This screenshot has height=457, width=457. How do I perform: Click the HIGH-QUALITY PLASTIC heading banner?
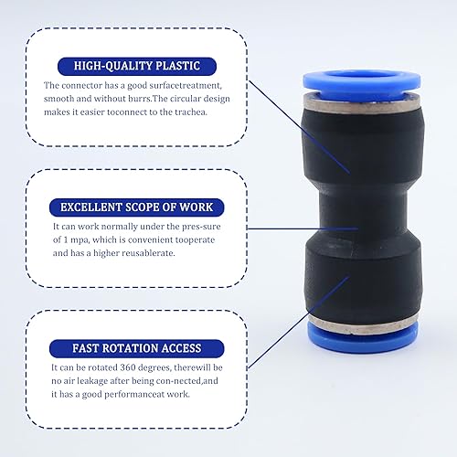click(x=137, y=66)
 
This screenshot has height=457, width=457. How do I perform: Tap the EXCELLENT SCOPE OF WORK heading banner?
click(x=137, y=207)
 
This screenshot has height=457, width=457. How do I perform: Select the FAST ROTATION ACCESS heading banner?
click(x=137, y=348)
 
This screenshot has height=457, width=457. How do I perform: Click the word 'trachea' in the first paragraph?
click(x=190, y=112)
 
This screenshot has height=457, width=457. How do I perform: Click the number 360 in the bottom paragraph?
click(x=128, y=367)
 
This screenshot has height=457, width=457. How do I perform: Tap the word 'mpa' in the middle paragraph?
click(x=80, y=240)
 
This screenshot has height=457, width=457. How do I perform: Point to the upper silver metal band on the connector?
click(x=363, y=104)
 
